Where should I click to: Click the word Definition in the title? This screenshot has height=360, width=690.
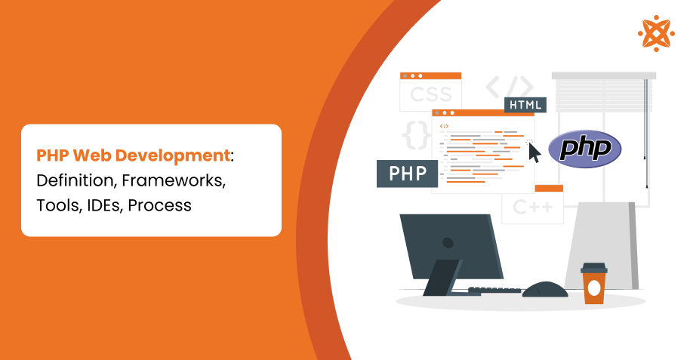tap(72, 181)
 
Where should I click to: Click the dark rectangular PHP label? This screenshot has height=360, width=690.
tap(407, 174)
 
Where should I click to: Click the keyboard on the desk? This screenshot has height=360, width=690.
tap(494, 290)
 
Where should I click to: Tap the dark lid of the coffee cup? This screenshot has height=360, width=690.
tap(593, 267)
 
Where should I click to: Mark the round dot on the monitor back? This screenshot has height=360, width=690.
tap(448, 243)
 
